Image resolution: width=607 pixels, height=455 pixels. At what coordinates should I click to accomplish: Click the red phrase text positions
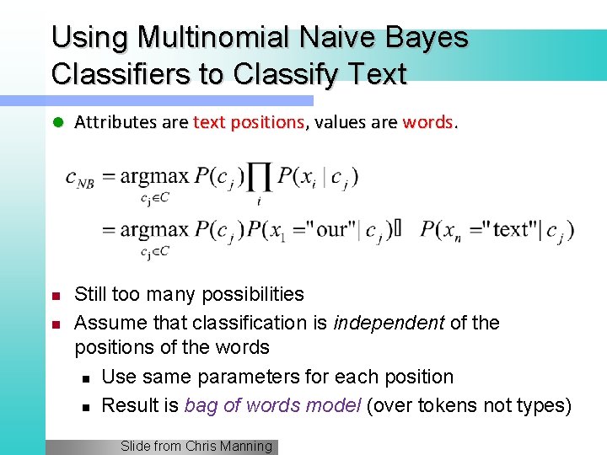click(x=249, y=122)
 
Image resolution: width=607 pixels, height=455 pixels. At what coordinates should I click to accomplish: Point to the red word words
click(x=428, y=122)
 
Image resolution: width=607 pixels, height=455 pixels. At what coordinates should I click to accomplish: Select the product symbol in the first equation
click(x=260, y=178)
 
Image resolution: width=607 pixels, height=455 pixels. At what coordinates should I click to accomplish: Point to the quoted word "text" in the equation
click(x=516, y=229)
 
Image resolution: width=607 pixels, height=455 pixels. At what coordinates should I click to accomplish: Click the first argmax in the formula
click(x=154, y=177)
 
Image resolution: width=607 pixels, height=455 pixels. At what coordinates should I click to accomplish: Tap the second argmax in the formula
click(x=154, y=229)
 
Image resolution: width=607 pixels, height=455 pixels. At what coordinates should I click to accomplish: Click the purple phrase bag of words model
click(x=272, y=405)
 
